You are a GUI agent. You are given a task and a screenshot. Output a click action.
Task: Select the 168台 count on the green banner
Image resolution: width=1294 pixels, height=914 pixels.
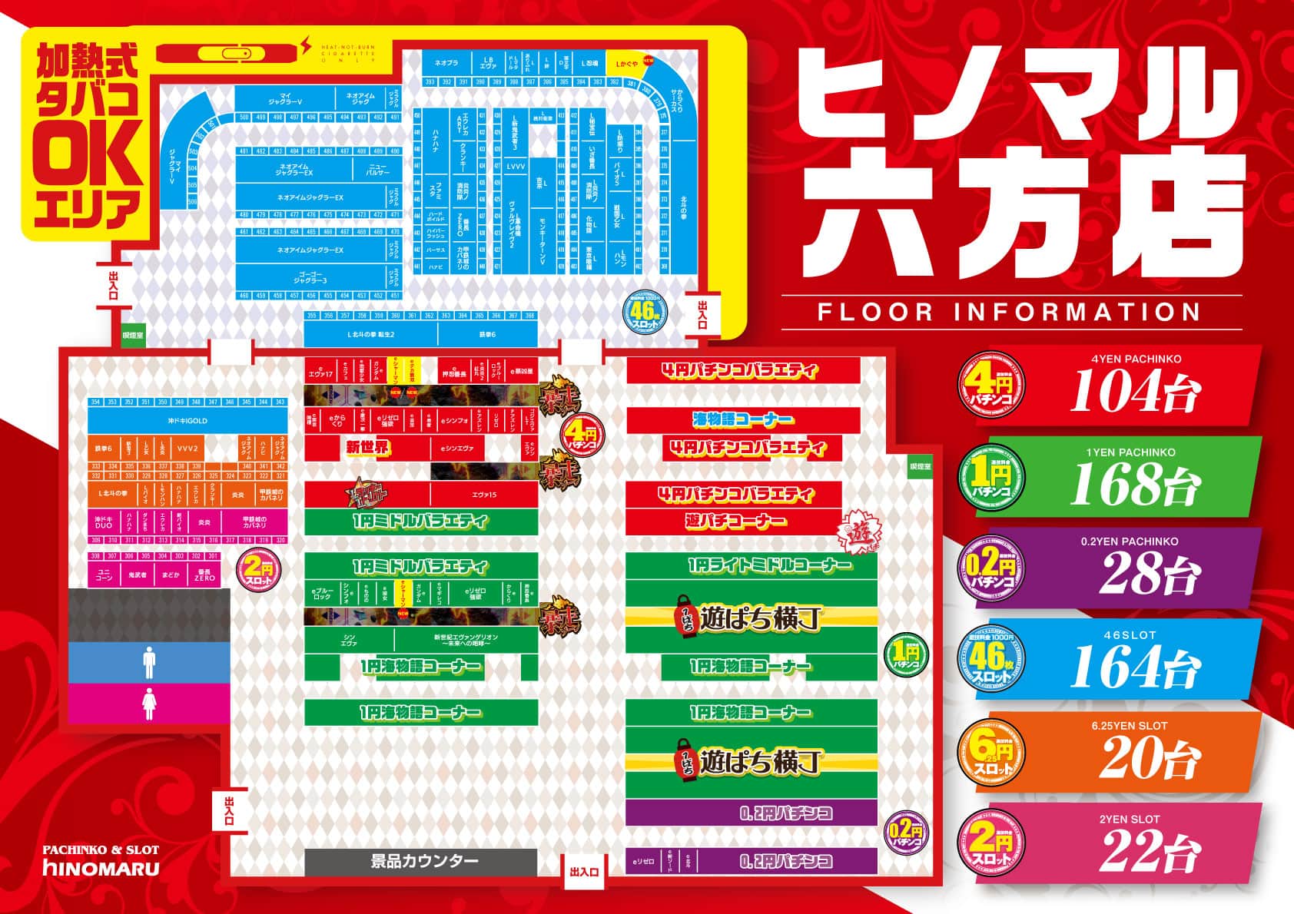coord(1133,484)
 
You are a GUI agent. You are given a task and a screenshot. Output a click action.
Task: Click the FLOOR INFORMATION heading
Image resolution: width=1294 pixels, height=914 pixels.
coord(1009,312)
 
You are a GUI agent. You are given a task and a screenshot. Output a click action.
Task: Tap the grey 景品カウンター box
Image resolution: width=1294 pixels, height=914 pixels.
coord(420,861)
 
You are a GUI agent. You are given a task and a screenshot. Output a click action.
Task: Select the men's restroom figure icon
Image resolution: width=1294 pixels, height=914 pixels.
coord(149,662)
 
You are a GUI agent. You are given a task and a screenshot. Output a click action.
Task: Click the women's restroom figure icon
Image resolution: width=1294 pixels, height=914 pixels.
coord(149,703)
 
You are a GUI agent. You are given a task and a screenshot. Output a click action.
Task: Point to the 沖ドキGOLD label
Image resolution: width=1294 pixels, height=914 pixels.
coord(187,421)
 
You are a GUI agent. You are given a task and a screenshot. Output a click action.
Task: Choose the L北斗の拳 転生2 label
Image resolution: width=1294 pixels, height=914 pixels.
coord(370,334)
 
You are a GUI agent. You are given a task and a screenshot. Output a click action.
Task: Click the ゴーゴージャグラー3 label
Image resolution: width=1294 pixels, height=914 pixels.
coord(310,278)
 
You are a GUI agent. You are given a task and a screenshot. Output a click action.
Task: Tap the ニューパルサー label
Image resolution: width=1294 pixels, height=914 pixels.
coord(377,169)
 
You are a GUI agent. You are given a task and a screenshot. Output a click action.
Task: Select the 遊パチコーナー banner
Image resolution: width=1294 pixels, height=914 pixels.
coord(736,522)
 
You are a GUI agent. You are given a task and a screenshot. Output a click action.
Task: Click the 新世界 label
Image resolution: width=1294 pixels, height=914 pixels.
coord(368,449)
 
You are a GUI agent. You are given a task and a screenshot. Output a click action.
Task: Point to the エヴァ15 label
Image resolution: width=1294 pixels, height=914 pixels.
coord(483,495)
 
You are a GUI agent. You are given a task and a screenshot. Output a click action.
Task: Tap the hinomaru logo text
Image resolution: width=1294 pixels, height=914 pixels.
coord(101,869)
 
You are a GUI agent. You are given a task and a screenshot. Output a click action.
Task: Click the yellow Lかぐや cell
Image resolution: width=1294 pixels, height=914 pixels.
coord(623,63)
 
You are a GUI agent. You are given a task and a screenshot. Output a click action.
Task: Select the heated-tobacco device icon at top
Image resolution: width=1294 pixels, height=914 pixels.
coord(228,53)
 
